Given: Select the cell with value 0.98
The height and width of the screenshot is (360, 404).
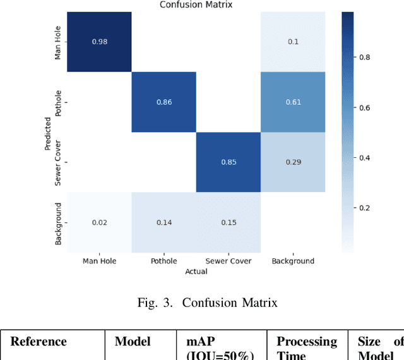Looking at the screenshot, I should coord(99,42).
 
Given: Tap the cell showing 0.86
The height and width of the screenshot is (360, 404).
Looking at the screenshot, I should coord(163,102).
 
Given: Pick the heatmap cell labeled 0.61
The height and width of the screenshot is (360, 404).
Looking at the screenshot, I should coord(292,102).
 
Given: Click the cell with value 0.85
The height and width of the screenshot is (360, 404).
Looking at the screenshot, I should coord(228,162).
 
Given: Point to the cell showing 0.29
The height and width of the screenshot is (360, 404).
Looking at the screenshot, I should coord(292,162).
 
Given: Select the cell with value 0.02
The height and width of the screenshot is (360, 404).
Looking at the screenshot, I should coord(99,222).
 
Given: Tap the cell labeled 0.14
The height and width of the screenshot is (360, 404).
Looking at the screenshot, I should coord(163,222).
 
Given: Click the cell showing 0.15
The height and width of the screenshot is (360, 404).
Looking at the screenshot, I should coord(228,222).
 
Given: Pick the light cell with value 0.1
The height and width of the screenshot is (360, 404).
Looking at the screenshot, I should coord(292,42).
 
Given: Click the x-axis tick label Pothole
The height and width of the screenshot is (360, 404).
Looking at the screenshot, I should coord(163,261).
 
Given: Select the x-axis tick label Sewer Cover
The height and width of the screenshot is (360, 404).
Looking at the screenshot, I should coord(228,261).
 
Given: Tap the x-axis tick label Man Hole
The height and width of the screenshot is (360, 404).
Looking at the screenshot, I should coord(99,261).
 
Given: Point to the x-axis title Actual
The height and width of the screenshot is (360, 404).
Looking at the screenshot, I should coord(196,272).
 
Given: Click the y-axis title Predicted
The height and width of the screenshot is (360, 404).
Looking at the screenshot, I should coord(47,132).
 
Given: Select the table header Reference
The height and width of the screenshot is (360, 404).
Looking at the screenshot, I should coord(39,342).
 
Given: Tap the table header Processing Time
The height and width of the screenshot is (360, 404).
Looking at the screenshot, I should coord(307,348).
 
